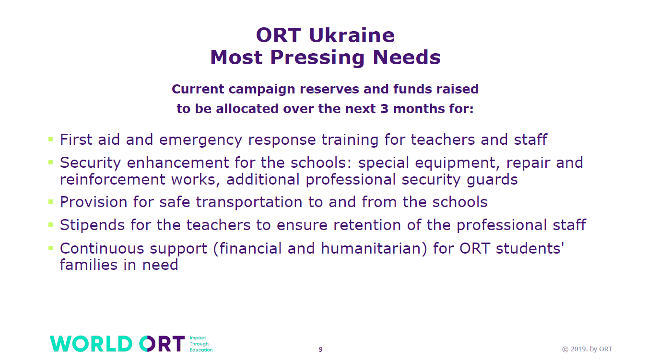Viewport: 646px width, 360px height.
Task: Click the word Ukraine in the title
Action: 351,35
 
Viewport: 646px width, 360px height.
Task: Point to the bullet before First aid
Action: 50,139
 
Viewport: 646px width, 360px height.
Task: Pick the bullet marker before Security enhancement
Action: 50,163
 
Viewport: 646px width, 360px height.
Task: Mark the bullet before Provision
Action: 50,202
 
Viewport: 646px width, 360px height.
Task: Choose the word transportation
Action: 249,202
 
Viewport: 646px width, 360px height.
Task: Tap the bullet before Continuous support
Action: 50,248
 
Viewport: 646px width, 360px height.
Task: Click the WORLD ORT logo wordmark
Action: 117,344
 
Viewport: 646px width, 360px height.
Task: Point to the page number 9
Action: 320,350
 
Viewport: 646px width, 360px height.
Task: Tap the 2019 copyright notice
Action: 587,349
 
